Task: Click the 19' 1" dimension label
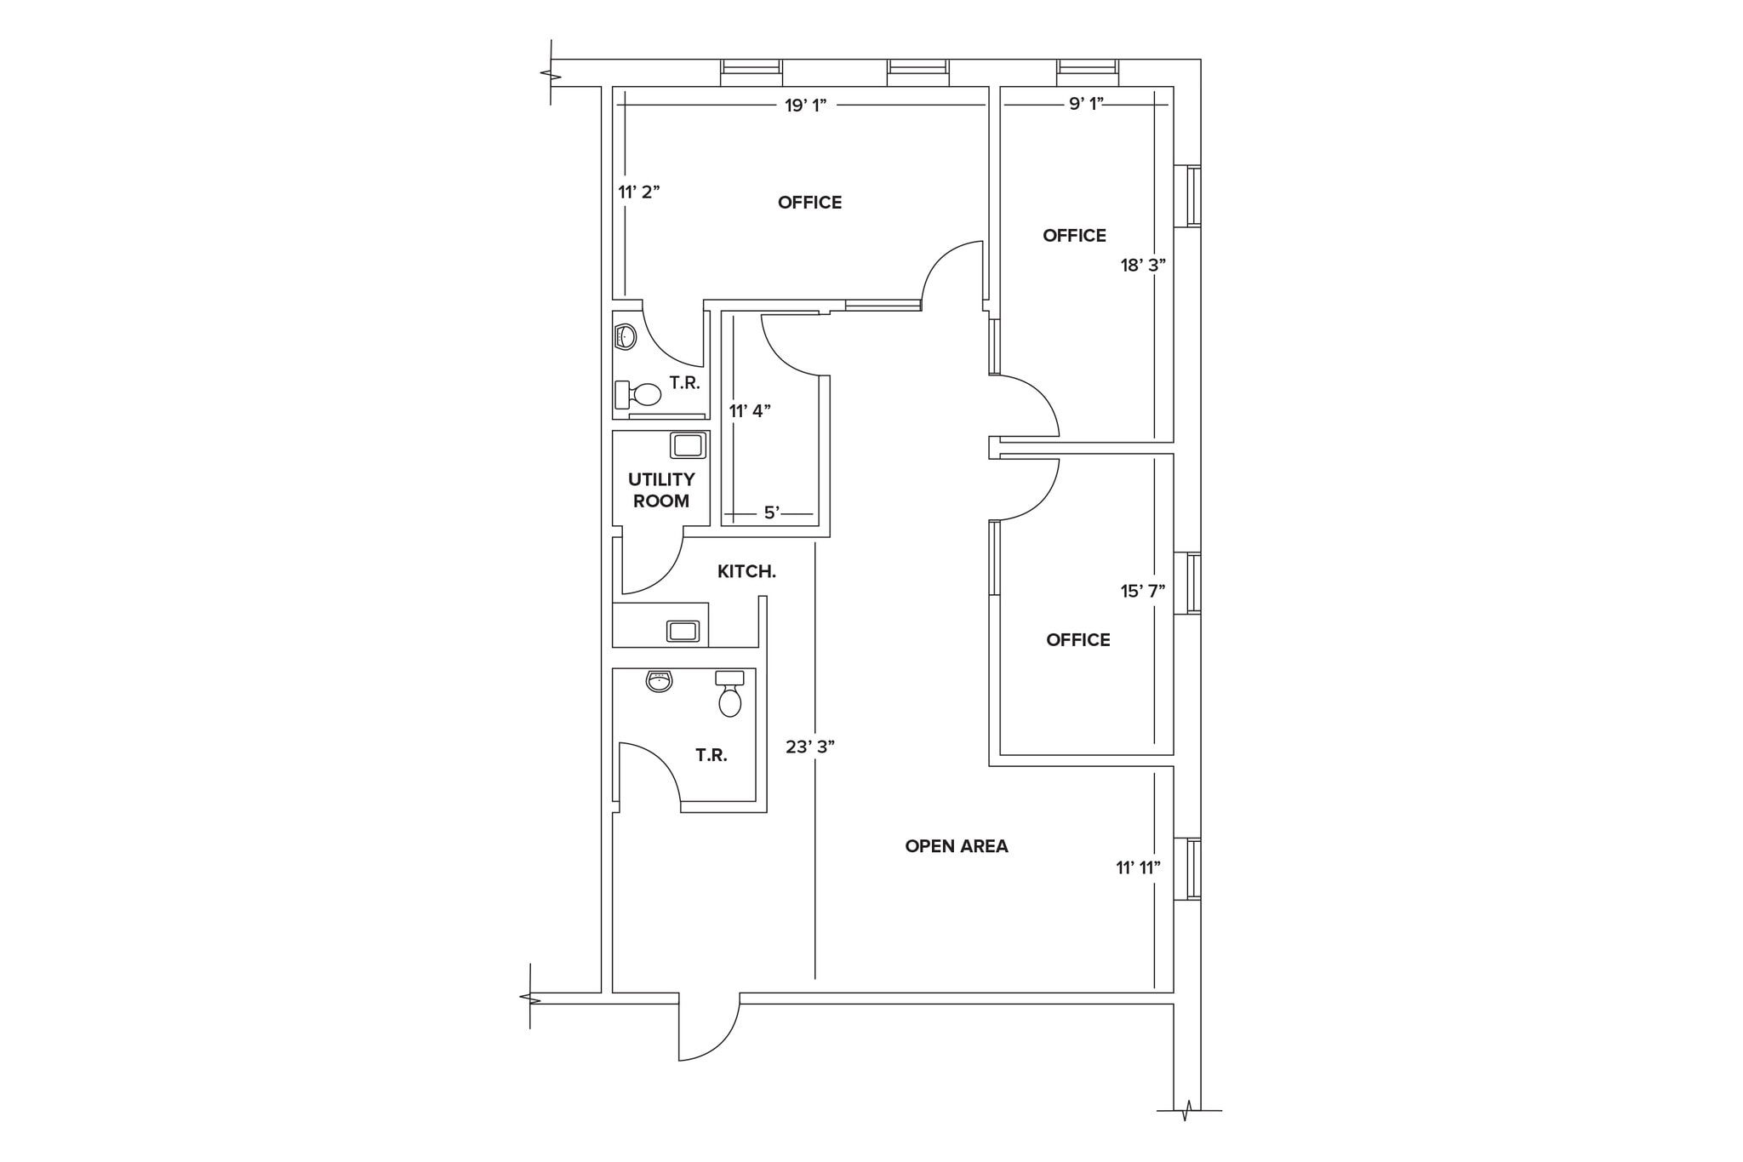click(805, 106)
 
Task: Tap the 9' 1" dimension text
click(1086, 104)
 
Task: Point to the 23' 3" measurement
click(809, 747)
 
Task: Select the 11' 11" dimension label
click(1139, 867)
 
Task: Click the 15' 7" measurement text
click(1143, 591)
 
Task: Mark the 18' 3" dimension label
click(1143, 265)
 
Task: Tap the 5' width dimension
click(772, 512)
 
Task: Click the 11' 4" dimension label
click(750, 410)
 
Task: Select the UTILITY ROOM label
click(661, 490)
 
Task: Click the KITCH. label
click(746, 572)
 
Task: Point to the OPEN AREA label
click(957, 846)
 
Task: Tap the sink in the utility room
click(688, 445)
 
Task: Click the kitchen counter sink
click(683, 631)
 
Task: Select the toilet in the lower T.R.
click(729, 694)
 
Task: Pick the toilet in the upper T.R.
click(638, 394)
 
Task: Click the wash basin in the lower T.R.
click(659, 681)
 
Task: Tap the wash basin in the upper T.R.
click(626, 337)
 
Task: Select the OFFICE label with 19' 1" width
click(809, 203)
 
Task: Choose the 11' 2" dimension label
click(639, 192)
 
